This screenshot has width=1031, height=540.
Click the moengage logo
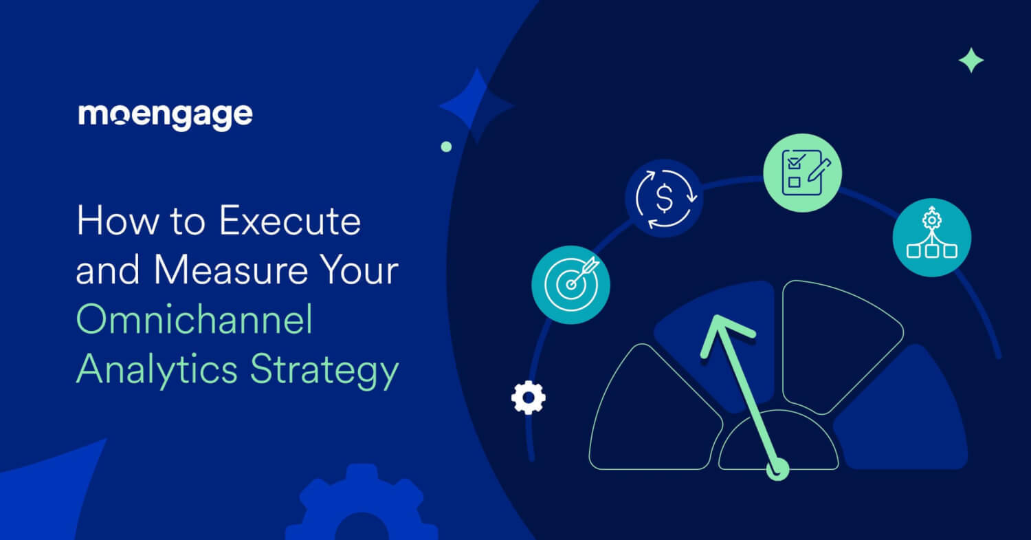(166, 116)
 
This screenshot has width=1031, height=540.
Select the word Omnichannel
(194, 321)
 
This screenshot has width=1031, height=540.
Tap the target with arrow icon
(570, 284)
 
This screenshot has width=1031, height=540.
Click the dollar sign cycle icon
(664, 199)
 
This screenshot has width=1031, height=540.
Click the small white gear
(528, 398)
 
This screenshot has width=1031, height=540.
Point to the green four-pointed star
(971, 61)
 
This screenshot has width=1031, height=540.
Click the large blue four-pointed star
(476, 106)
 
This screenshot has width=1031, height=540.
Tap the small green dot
(446, 147)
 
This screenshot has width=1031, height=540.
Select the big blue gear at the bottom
(362, 509)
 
